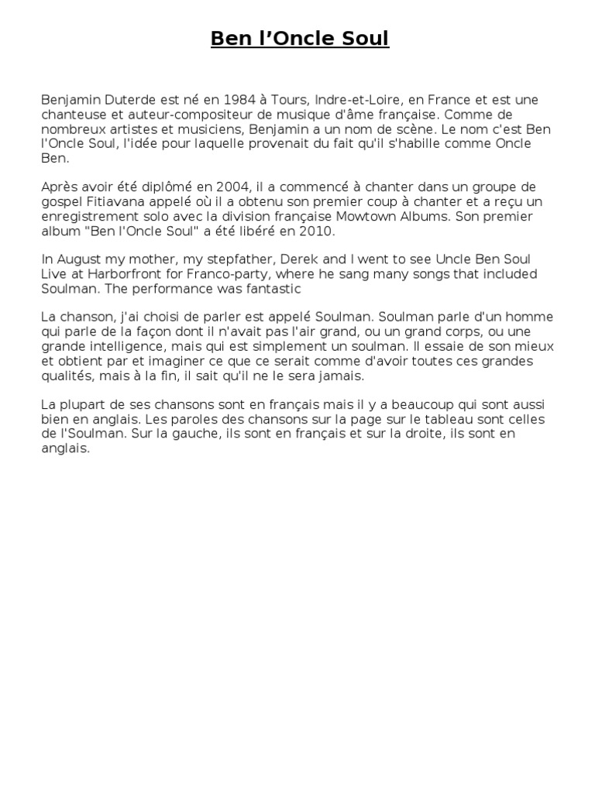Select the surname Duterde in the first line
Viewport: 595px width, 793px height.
click(x=126, y=101)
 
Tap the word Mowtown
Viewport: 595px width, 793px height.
click(x=370, y=216)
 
